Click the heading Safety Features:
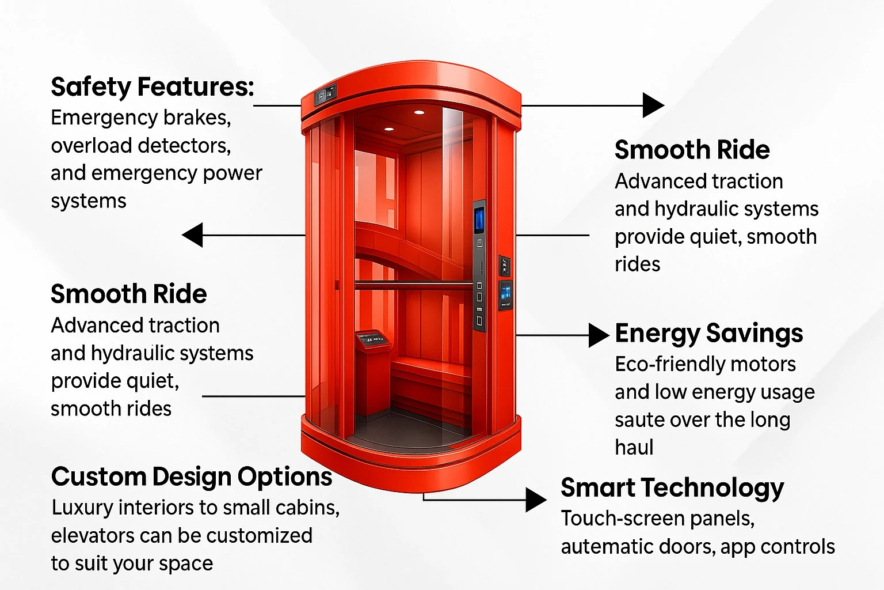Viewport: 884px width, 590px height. tap(152, 88)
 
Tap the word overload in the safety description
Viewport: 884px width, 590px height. tap(91, 146)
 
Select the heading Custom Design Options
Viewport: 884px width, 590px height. tap(192, 477)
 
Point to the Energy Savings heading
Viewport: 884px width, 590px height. tap(708, 334)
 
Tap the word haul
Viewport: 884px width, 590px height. tap(634, 448)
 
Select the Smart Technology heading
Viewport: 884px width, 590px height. tap(672, 488)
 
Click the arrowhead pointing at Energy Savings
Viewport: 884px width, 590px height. tap(598, 335)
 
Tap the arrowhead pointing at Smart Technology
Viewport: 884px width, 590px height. tap(536, 500)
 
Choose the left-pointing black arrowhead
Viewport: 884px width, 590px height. tap(193, 235)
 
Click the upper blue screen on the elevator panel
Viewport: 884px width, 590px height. tap(479, 220)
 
